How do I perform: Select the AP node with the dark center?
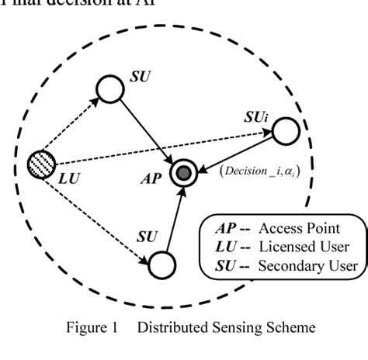[x=184, y=173]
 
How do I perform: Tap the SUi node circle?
[x=286, y=130]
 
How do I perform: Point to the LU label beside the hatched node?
[x=68, y=178]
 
